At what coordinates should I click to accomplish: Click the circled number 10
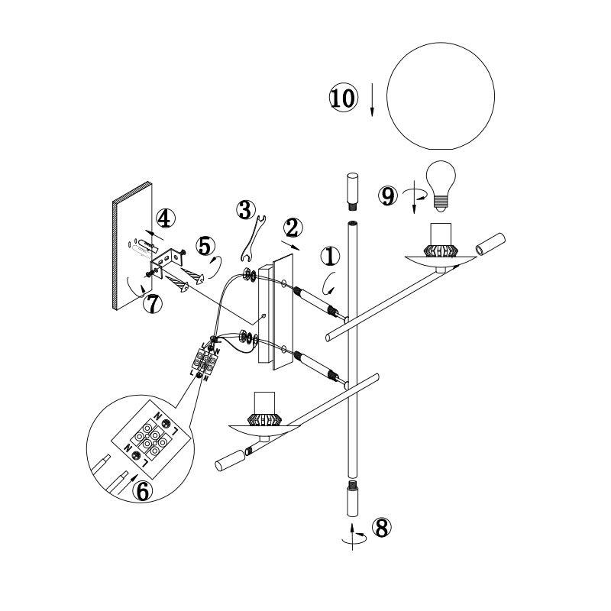tap(343, 98)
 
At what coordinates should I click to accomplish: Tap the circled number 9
tap(388, 196)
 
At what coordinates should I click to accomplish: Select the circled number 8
tap(382, 528)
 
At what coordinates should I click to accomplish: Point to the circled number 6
tap(143, 491)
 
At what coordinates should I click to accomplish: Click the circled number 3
tap(246, 210)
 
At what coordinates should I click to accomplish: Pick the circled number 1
tap(330, 257)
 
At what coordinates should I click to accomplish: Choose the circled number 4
tap(165, 218)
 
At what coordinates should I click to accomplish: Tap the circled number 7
tap(153, 303)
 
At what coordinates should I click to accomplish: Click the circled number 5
tap(205, 246)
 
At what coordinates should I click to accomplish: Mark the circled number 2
tap(293, 228)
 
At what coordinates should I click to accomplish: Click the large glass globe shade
tap(441, 96)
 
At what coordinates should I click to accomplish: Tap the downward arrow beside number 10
tap(372, 99)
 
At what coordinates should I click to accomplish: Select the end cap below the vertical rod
tap(352, 499)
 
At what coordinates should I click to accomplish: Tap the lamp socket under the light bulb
tap(441, 241)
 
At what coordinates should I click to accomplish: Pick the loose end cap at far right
tap(490, 244)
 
